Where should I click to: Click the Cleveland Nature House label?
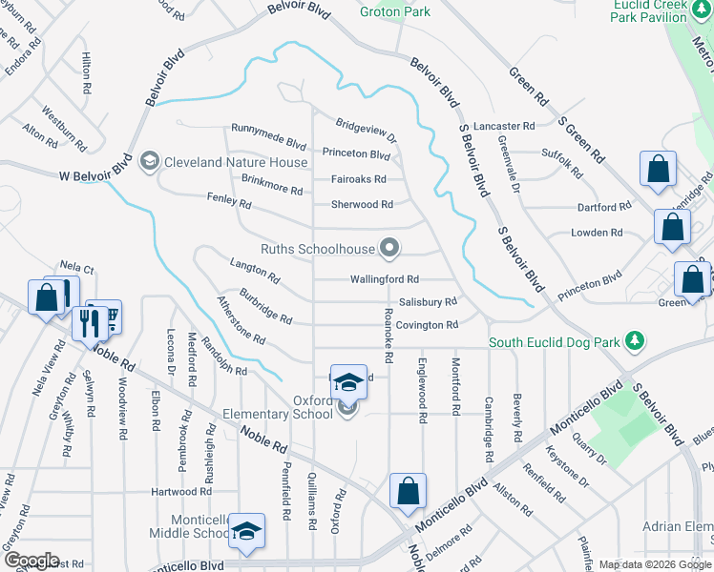coord(222,162)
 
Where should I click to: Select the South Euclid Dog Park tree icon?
coord(632,341)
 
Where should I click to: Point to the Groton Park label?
coord(395,12)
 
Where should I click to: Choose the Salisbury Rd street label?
coord(428,301)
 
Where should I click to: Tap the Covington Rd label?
coord(427,325)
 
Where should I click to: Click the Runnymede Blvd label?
coord(268,130)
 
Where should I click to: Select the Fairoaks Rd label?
coord(358,178)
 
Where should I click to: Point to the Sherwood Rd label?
coord(362,204)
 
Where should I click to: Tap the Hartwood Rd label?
coord(180,492)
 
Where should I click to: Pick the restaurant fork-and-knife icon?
coord(92,322)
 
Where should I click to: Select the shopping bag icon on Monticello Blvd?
coord(408,492)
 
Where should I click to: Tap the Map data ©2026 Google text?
coord(655,564)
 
